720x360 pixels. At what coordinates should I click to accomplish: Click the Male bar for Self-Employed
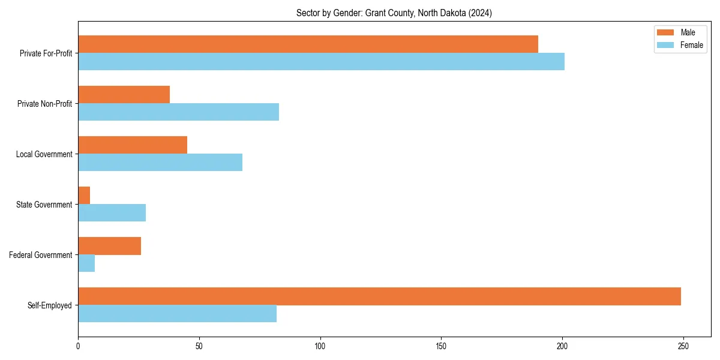[379, 296]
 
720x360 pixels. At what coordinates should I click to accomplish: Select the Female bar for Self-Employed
[177, 314]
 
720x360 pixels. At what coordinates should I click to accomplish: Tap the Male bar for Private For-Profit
[308, 44]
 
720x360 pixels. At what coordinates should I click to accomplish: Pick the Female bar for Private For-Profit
[321, 62]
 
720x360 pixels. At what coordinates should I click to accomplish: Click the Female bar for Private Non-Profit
[178, 112]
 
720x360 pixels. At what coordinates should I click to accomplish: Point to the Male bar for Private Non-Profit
[124, 95]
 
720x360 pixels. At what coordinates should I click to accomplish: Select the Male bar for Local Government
[133, 145]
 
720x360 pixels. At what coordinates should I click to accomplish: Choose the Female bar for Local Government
[160, 163]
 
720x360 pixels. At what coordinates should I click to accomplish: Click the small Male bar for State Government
[84, 196]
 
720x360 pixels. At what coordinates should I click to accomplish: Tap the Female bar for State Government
[112, 213]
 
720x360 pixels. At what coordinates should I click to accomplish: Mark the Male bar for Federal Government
[109, 246]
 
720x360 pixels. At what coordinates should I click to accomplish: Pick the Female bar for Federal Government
[86, 263]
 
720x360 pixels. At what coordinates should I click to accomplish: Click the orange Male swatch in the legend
[665, 32]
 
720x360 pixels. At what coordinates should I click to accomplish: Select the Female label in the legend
[691, 45]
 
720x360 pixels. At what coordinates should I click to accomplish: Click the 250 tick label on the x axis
[683, 346]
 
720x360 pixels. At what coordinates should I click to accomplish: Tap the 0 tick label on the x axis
[78, 346]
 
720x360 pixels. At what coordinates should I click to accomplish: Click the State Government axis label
[44, 205]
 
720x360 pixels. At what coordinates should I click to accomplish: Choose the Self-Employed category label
[49, 305]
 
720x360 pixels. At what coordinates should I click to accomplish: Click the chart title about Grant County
[394, 13]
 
